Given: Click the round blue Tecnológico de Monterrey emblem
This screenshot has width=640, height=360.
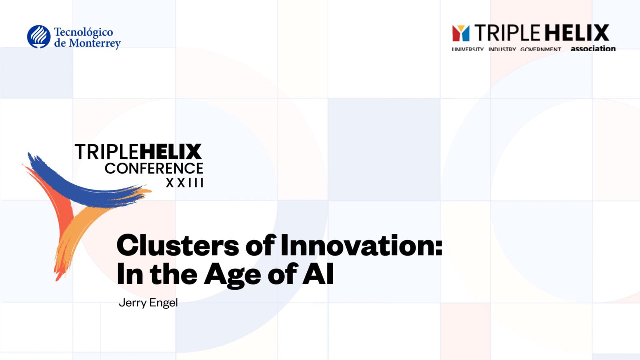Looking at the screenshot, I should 39,37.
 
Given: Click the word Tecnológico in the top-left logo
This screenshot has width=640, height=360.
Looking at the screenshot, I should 83,32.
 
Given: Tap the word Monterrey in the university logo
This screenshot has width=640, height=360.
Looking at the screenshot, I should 94,43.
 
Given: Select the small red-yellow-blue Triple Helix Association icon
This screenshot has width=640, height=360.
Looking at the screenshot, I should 460,33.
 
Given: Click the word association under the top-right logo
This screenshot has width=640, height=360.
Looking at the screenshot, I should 593,48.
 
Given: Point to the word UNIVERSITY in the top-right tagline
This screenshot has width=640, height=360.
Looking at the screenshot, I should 468,49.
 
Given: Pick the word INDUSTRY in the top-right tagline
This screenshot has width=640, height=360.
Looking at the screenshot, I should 502,49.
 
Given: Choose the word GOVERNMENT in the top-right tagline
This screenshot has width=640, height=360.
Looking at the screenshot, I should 540,49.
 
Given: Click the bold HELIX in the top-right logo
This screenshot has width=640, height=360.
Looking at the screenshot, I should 576,33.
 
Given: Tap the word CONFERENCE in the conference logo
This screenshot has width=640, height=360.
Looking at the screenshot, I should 154,168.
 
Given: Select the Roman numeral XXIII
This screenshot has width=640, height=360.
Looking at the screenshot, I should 185,183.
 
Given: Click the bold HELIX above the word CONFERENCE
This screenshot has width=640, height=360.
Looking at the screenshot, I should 170,152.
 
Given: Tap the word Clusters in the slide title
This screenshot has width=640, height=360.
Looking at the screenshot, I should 178,245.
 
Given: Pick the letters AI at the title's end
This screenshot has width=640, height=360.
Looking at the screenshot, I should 318,274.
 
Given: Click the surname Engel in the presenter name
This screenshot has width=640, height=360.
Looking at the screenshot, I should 163,303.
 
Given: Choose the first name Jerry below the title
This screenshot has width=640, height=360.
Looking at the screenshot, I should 132,303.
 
